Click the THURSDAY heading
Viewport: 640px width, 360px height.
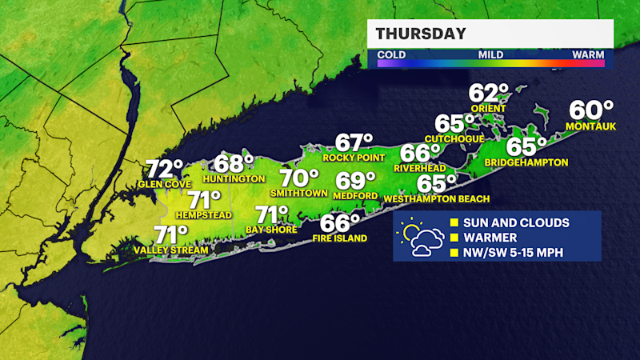(x=421, y=34)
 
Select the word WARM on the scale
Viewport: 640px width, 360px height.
(x=588, y=55)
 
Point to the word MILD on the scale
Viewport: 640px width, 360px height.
(x=490, y=55)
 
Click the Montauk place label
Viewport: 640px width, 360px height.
(x=589, y=126)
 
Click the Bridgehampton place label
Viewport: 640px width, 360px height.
(x=526, y=162)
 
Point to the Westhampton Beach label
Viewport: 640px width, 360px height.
(x=437, y=198)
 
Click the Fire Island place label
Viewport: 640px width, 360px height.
(x=340, y=238)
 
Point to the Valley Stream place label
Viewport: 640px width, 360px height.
(x=171, y=250)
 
